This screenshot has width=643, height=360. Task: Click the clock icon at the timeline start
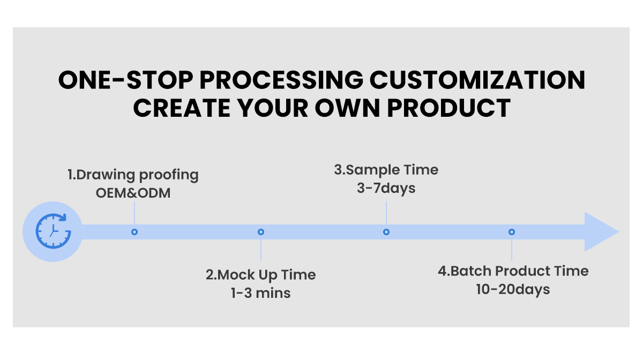click(53, 231)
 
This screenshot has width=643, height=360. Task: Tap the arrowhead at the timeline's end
click(600, 231)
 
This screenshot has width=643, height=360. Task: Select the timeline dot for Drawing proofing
click(134, 231)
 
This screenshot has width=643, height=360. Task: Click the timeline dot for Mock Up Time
click(260, 231)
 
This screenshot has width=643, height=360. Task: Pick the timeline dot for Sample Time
click(386, 231)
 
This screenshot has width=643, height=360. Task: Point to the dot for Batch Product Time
click(512, 231)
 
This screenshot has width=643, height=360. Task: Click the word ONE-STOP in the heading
click(126, 80)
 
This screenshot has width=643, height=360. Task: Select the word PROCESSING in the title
click(281, 80)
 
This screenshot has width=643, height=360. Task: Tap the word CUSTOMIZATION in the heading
click(477, 80)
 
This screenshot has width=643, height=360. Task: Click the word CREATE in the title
click(182, 108)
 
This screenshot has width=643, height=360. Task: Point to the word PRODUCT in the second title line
click(448, 108)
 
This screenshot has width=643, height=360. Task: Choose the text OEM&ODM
click(133, 193)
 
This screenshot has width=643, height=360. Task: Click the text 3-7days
click(386, 189)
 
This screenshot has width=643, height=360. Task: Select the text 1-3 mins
click(260, 293)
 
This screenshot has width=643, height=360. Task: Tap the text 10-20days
click(513, 289)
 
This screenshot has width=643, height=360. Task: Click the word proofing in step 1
click(169, 175)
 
